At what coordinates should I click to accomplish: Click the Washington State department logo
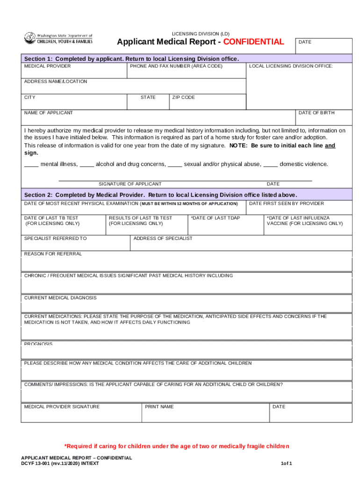58,38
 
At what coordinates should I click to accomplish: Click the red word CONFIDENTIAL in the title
253,42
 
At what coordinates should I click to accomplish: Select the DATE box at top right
323,46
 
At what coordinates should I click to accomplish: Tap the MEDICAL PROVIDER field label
48,66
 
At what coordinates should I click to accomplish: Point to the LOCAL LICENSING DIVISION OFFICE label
291,66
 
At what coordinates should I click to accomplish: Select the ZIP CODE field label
183,98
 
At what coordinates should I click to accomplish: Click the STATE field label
148,98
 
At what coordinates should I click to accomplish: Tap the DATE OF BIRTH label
317,113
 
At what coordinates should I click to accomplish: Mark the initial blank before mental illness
31,165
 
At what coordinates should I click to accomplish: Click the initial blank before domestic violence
270,165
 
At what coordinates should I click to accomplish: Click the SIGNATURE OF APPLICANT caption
130,184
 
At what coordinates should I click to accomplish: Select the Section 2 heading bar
187,195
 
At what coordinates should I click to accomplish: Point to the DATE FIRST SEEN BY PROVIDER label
286,204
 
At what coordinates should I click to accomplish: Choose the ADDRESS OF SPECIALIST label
163,239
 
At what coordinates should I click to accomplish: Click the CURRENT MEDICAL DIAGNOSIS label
60,298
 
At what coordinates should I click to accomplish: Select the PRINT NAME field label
159,407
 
